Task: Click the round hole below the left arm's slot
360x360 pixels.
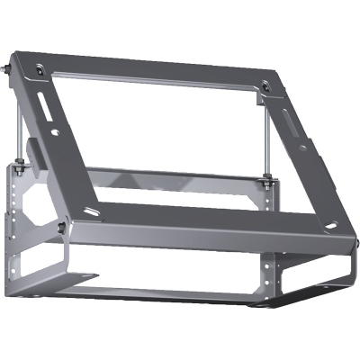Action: click(x=57, y=132)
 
